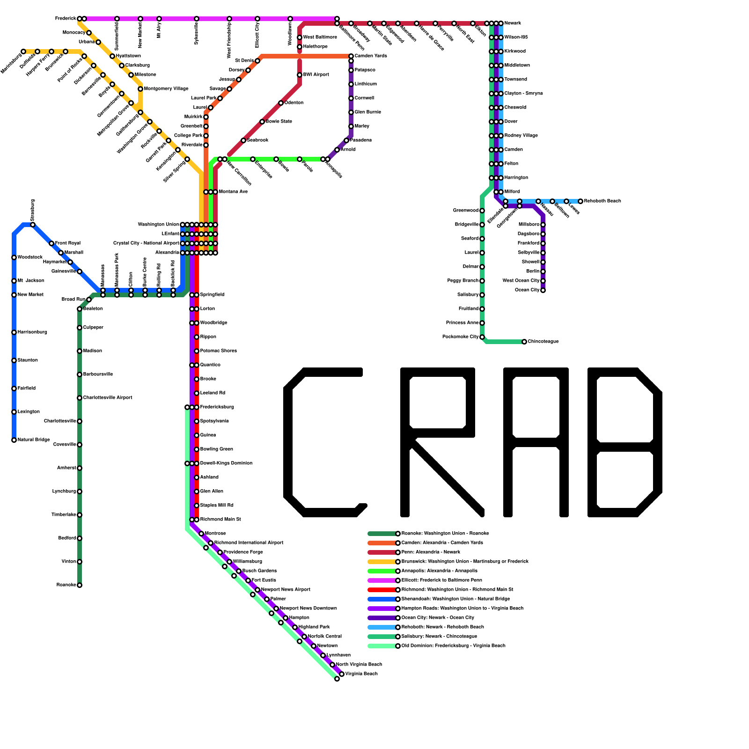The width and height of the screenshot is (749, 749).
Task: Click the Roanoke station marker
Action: pos(80,585)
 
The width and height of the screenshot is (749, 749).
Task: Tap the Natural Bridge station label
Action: pos(34,440)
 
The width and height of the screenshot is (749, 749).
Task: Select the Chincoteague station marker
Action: pos(524,342)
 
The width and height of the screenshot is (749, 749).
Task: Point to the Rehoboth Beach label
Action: pos(602,201)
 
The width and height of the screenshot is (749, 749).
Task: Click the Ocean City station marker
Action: pos(543,290)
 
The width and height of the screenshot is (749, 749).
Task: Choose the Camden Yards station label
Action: pos(371,56)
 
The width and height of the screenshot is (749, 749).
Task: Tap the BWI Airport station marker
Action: pos(300,75)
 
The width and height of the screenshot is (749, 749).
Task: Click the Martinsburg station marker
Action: pos(23,51)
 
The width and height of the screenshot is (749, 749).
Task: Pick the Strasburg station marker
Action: pos(33,225)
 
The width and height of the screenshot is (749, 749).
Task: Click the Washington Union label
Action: pos(158,225)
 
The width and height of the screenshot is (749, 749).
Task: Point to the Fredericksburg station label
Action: pos(217,407)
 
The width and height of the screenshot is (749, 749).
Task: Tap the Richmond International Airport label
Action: pos(249,543)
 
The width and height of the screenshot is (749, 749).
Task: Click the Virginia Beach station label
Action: pos(361,674)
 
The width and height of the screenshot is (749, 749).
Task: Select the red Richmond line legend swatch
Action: pos(382,590)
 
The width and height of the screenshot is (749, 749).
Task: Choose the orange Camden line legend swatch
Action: pos(382,543)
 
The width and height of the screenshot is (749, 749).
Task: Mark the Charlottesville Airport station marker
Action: pos(80,398)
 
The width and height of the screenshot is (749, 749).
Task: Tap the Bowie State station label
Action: pos(279,122)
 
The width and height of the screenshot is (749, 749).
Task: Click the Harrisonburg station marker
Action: pos(14,332)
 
